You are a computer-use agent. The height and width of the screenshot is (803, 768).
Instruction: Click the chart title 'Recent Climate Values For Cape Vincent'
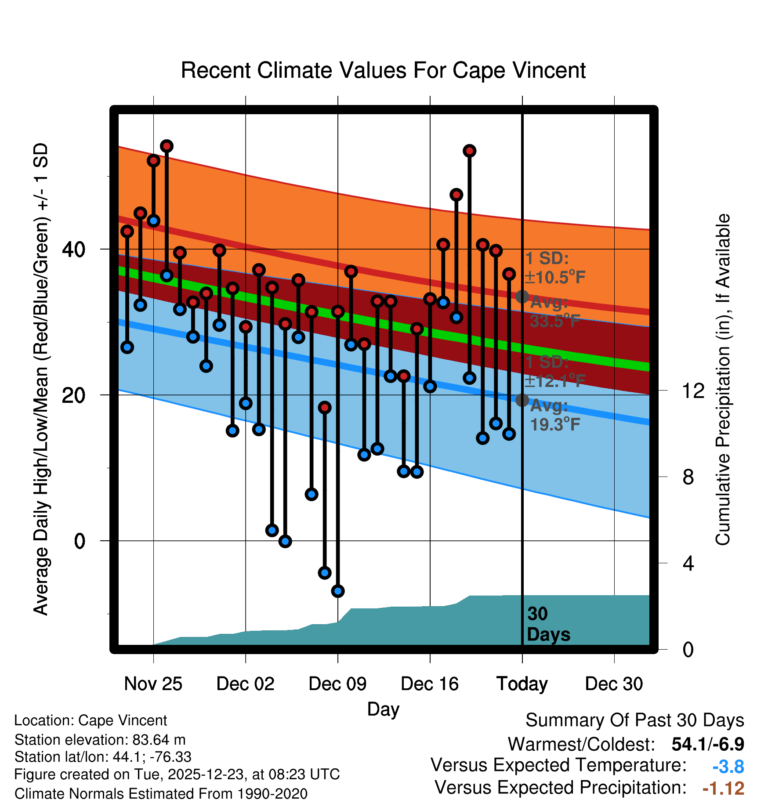[x=383, y=70]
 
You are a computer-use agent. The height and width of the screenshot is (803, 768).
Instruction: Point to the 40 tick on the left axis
[x=73, y=250]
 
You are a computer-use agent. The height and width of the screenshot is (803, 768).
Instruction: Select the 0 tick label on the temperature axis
[x=80, y=541]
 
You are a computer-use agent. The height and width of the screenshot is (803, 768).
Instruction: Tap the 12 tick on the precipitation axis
[x=693, y=391]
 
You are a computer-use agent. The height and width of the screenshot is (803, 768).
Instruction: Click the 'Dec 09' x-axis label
[x=337, y=684]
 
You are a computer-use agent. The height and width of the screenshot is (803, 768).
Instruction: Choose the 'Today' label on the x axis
[x=522, y=684]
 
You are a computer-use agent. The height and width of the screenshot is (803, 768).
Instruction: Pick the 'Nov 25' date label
[x=153, y=684]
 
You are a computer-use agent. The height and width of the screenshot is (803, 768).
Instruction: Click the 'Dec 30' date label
[x=614, y=684]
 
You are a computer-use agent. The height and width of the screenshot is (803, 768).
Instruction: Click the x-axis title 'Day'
[x=383, y=709]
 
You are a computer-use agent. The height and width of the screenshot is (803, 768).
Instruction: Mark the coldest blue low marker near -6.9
[x=338, y=591]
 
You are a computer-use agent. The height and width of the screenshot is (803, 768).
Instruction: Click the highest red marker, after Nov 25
[x=167, y=146]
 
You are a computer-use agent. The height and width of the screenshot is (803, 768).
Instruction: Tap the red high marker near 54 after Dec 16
[x=470, y=151]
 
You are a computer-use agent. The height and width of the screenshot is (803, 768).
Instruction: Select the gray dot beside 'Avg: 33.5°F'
[x=522, y=297]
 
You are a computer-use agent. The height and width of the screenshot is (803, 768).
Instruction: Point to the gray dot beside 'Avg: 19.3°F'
[x=522, y=400]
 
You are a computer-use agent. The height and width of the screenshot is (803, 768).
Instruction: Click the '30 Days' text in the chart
[x=548, y=624]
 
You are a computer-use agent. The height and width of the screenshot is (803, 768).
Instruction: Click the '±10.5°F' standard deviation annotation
[x=555, y=277]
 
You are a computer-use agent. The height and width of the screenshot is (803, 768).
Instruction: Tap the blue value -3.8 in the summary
[x=728, y=767]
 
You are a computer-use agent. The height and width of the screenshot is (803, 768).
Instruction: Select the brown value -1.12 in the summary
[x=723, y=788]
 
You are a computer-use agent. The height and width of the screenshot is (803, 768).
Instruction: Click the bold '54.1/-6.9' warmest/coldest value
[x=708, y=744]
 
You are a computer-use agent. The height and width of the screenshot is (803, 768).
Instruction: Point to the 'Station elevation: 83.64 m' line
[x=100, y=740]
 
